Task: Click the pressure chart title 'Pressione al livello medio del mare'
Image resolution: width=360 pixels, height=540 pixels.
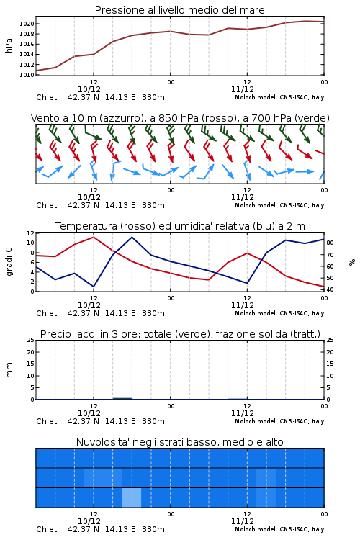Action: tap(179, 10)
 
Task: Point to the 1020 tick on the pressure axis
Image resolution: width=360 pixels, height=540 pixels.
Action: tap(27, 24)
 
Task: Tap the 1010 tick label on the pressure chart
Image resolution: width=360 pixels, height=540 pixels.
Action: tap(27, 75)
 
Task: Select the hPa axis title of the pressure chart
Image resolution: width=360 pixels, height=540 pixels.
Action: tap(9, 45)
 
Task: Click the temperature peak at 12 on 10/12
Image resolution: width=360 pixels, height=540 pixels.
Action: tap(94, 237)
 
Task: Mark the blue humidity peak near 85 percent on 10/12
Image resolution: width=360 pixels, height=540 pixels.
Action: tap(132, 237)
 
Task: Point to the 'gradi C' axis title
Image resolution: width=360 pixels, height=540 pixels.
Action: tap(9, 262)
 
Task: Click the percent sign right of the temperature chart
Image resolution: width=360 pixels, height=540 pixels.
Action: tap(352, 262)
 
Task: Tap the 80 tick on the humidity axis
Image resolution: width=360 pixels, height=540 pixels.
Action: tap(330, 243)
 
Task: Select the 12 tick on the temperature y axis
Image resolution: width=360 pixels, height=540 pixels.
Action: tap(30, 233)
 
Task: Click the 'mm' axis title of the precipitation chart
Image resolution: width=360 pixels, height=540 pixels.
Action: tap(9, 370)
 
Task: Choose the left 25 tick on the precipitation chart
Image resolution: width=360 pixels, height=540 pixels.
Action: tap(30, 340)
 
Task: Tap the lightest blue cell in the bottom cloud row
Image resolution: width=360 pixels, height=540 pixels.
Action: tap(132, 498)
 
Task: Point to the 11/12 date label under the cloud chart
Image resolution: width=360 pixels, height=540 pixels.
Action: tap(243, 521)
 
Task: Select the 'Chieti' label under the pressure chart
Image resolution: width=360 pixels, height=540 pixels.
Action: tap(48, 97)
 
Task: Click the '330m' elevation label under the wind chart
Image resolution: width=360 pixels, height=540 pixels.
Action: tap(153, 206)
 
